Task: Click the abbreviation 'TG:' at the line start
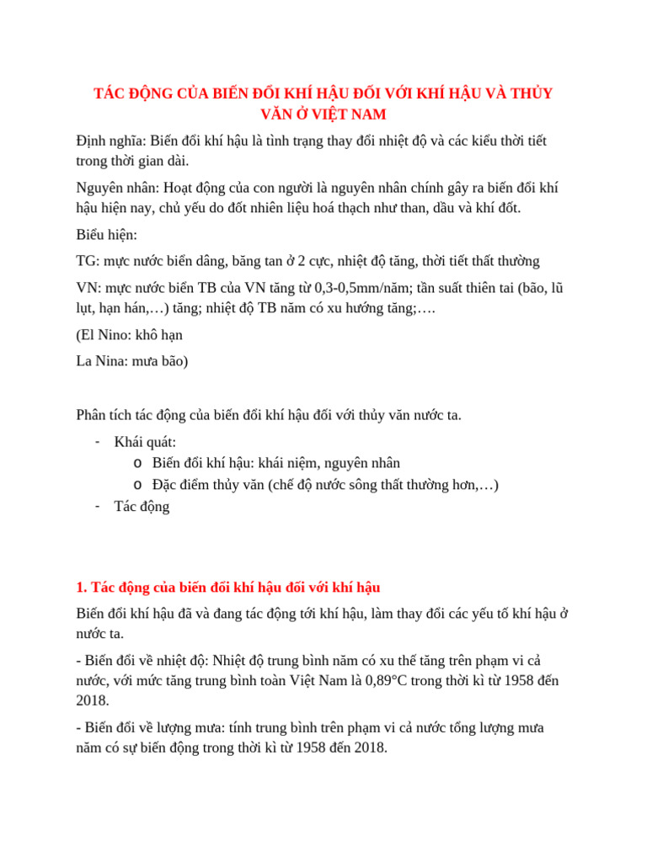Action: coord(87,261)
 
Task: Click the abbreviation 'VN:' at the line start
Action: coord(88,288)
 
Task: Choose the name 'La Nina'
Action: coord(99,361)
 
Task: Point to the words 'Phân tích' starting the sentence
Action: coord(103,415)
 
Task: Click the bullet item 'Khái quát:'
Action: coord(145,442)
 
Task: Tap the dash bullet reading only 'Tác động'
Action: coord(142,506)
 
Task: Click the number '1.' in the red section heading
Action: coord(81,586)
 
